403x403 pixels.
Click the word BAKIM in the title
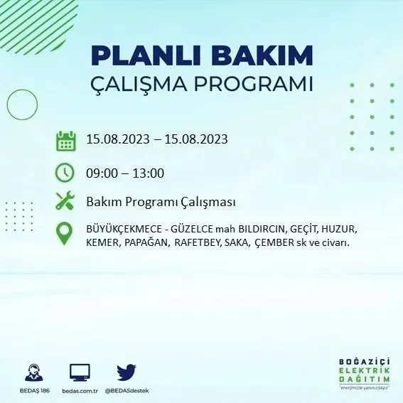(265, 55)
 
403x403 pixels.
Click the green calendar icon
(65, 140)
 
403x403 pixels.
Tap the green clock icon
(65, 173)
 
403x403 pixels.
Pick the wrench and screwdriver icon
(65, 201)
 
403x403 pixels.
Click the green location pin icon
(65, 234)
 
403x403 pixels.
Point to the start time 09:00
(101, 173)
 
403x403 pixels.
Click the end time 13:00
(149, 173)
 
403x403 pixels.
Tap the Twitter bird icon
(127, 372)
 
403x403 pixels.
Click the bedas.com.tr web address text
(80, 391)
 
